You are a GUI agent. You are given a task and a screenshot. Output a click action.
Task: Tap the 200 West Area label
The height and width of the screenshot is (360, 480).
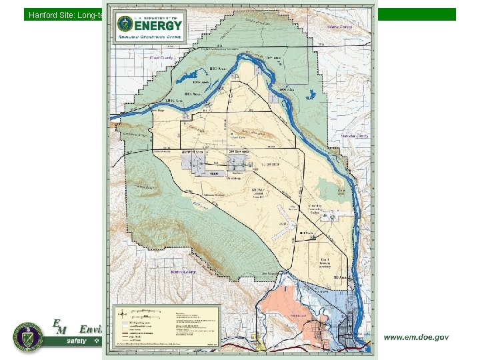tap(193, 153)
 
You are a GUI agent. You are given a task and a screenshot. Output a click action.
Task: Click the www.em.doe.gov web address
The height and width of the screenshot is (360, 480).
tap(415, 337)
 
